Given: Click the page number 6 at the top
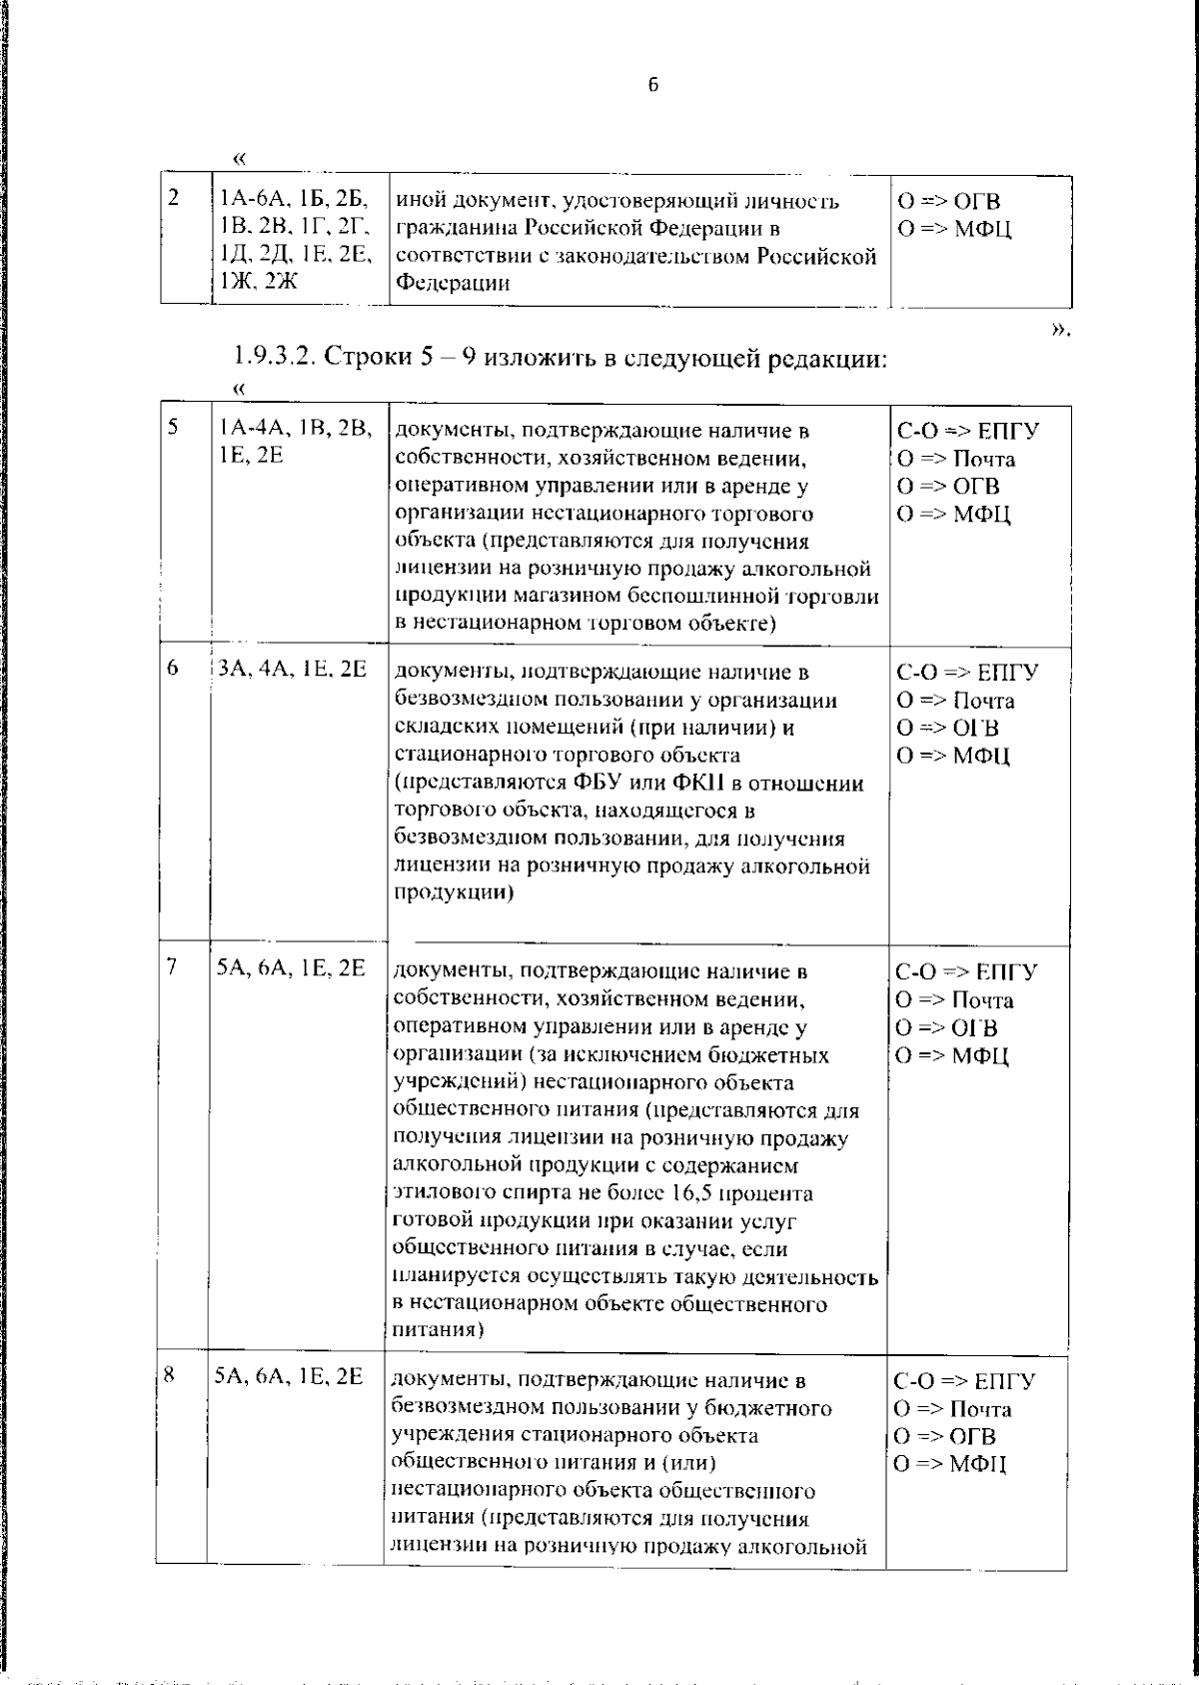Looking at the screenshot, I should (x=652, y=86).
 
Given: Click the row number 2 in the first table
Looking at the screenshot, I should (x=174, y=198).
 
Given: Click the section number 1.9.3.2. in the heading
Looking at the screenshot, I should (x=275, y=357).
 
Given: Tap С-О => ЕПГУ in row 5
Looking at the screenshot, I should (x=967, y=431).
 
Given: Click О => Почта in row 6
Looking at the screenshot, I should (x=954, y=701).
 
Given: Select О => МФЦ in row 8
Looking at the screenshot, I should (x=950, y=1465).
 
